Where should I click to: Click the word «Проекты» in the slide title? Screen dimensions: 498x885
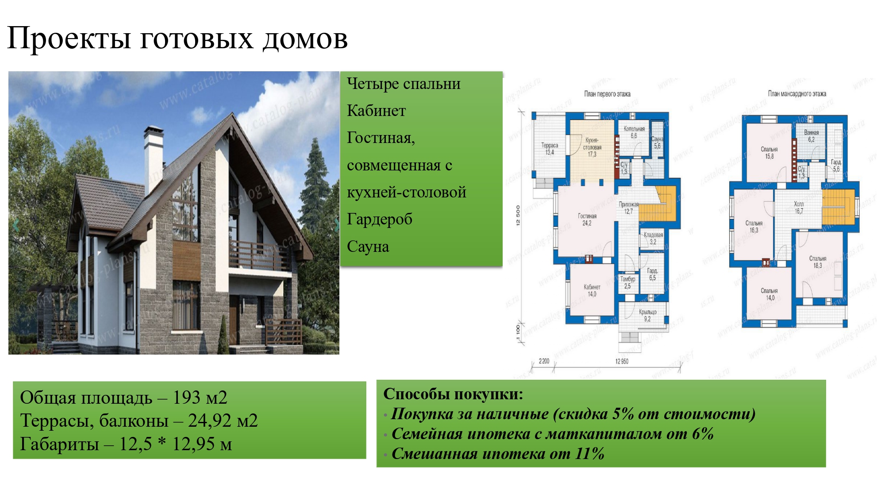click(69, 39)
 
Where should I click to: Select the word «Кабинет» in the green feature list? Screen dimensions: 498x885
click(376, 111)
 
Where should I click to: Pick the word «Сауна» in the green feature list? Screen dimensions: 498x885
click(368, 247)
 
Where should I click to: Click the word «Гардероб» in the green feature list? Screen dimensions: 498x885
click(380, 219)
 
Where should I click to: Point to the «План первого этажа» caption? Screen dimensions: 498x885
click(607, 94)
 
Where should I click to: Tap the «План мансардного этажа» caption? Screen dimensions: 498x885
click(796, 94)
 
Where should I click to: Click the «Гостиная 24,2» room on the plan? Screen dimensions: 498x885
click(587, 220)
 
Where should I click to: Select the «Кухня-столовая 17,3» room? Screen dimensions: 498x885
click(592, 147)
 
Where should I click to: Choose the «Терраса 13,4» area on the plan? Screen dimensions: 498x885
click(550, 149)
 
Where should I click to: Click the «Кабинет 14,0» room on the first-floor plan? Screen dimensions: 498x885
click(592, 290)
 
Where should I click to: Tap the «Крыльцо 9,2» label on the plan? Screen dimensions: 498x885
click(647, 315)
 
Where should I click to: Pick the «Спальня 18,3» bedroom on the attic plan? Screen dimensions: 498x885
click(818, 262)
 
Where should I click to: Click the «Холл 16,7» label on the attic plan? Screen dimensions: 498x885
click(799, 208)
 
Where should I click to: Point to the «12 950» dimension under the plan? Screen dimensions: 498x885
click(622, 362)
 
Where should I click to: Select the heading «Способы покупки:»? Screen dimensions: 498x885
click(453, 394)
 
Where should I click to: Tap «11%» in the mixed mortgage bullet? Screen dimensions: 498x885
click(589, 453)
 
